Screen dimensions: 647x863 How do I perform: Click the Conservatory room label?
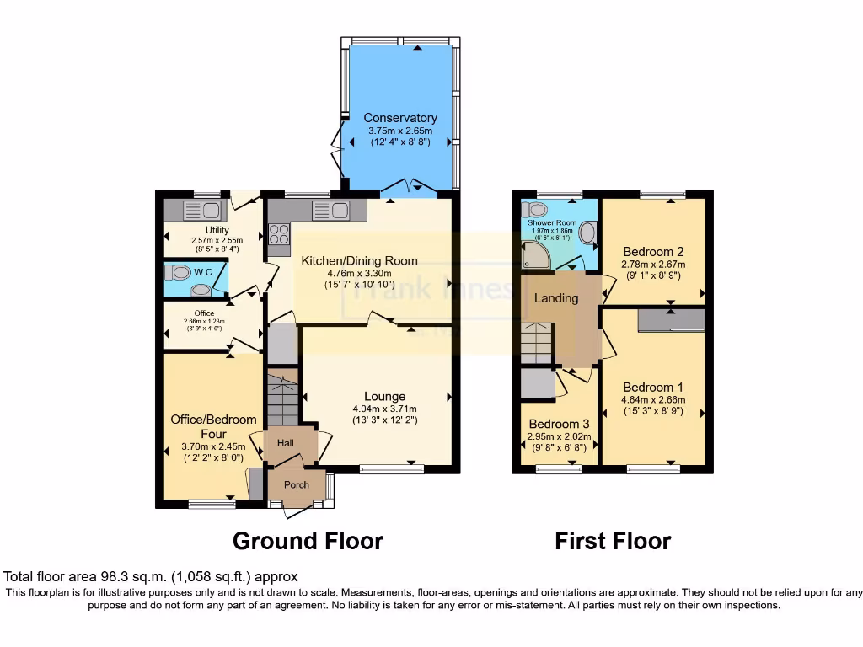click(400, 118)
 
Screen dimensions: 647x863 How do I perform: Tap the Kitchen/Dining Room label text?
click(360, 260)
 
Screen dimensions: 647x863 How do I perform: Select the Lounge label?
click(384, 396)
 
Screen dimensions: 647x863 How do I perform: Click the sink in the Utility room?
click(201, 211)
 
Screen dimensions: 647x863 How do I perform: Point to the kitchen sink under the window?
click(330, 211)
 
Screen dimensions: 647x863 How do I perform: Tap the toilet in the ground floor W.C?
click(178, 272)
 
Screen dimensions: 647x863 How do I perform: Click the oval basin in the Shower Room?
click(587, 233)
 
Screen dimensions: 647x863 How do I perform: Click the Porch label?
click(296, 484)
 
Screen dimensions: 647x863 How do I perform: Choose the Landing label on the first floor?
click(556, 297)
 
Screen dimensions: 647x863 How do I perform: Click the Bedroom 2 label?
click(652, 251)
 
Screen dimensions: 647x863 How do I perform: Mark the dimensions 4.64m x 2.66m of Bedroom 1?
click(653, 399)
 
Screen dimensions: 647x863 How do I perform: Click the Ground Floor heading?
click(308, 541)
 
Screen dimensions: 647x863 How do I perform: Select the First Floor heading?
click(613, 541)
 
